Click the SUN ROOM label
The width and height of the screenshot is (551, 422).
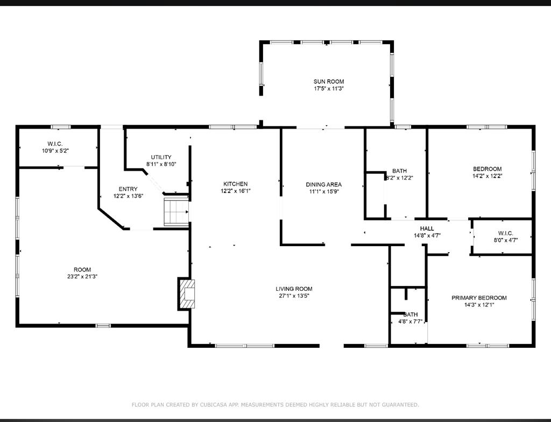coord(329,82)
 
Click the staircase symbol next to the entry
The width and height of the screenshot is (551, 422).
coord(176,212)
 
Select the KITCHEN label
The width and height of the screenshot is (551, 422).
coord(236,184)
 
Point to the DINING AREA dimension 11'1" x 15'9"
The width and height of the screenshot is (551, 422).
coord(323,191)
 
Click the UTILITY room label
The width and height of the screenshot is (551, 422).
coord(161,158)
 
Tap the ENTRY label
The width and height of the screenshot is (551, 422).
coord(128,189)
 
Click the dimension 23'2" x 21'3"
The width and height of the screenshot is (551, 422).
coord(82,277)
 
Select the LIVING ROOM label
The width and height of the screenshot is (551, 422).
coord(294,289)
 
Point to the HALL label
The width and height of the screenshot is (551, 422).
coord(427,228)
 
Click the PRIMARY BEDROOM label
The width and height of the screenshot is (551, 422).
coord(479,298)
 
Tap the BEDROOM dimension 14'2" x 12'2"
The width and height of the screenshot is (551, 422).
coord(487,176)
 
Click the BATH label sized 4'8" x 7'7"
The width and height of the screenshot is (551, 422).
coord(411,314)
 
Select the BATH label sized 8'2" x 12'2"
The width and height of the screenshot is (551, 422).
coord(400,171)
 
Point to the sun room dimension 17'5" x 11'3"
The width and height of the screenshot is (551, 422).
coord(329,89)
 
